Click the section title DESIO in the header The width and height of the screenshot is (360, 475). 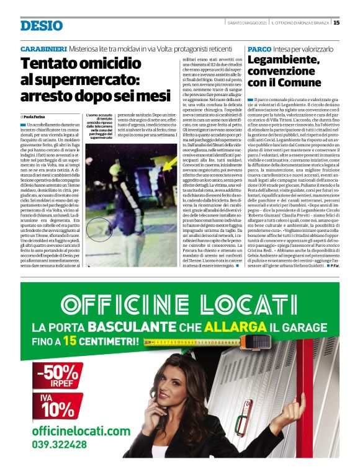(41, 25)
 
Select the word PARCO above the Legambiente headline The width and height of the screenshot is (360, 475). (258, 48)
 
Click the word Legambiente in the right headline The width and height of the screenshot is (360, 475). (285, 60)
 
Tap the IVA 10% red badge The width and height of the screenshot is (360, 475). (58, 405)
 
